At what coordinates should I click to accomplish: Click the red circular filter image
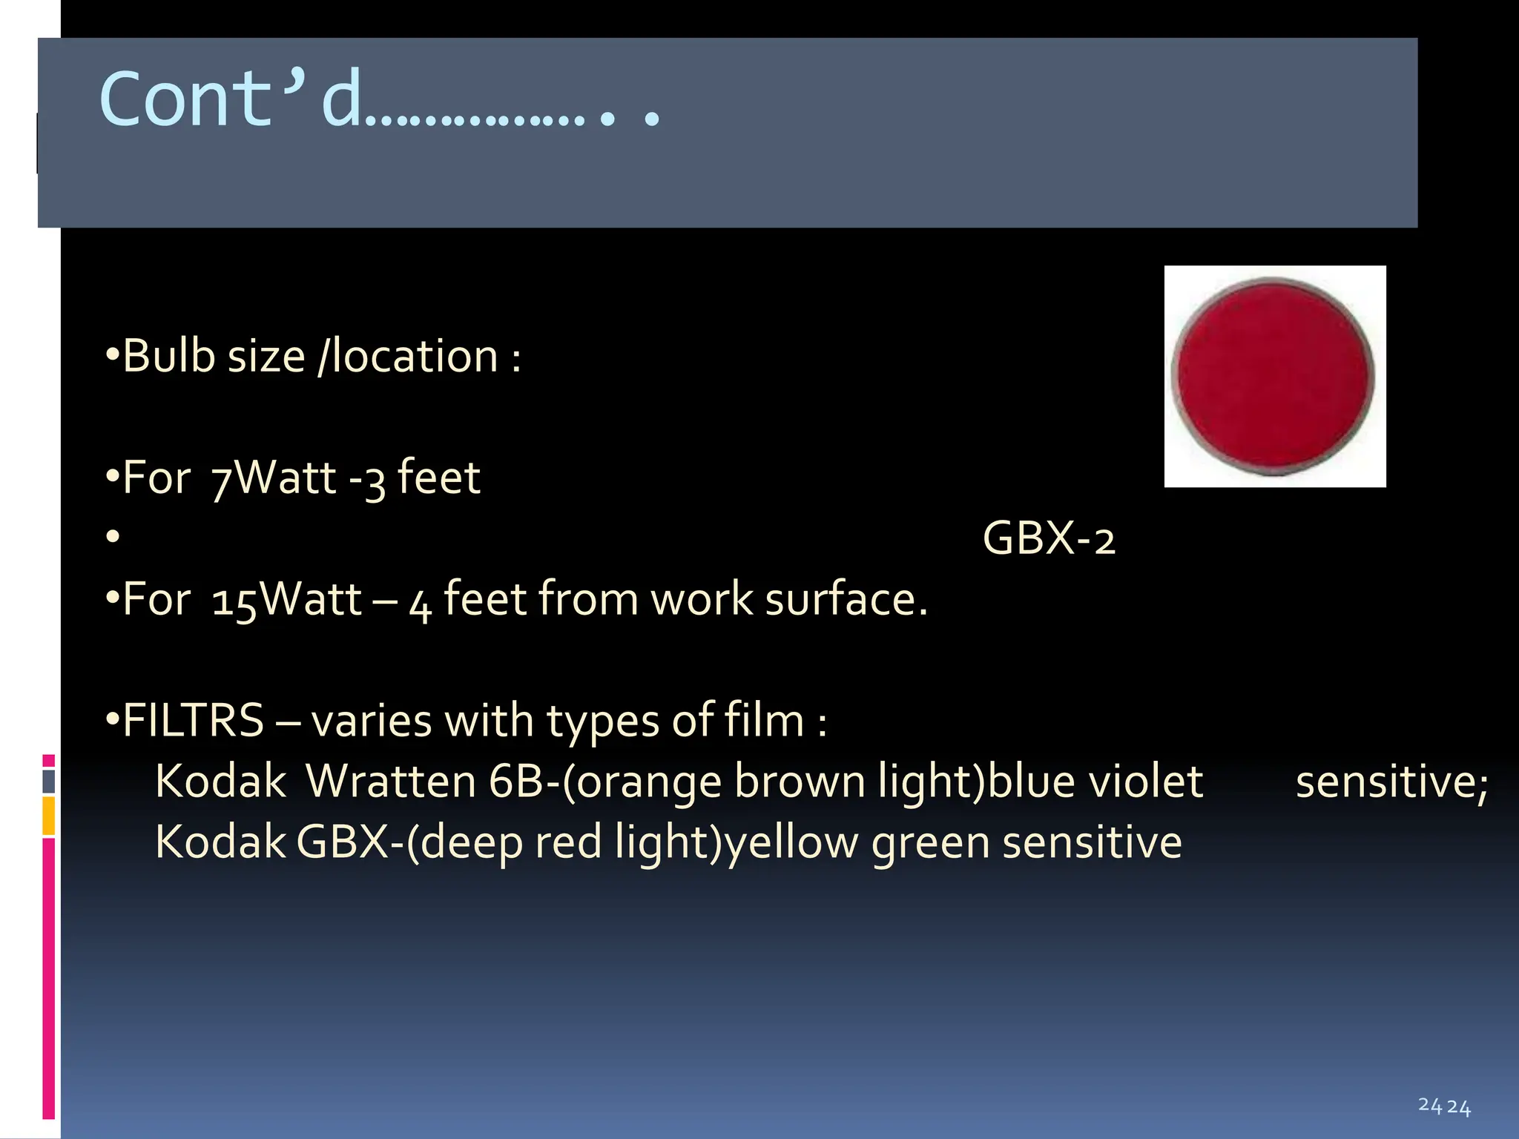pyautogui.click(x=1274, y=377)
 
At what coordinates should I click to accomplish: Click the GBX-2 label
pyautogui.click(x=1048, y=538)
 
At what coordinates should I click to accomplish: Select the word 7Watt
pyautogui.click(x=274, y=478)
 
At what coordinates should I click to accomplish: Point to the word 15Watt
pyautogui.click(x=286, y=599)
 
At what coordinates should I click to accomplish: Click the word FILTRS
pyautogui.click(x=193, y=721)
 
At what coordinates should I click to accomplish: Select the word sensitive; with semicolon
pyautogui.click(x=1391, y=782)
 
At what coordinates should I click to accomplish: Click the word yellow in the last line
pyautogui.click(x=791, y=843)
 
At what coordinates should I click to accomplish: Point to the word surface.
pyautogui.click(x=846, y=599)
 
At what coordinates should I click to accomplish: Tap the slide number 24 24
pyautogui.click(x=1444, y=1106)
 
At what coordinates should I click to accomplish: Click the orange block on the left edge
pyautogui.click(x=49, y=816)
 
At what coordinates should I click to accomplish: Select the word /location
pyautogui.click(x=407, y=356)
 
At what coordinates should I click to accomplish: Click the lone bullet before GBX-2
pyautogui.click(x=113, y=536)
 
